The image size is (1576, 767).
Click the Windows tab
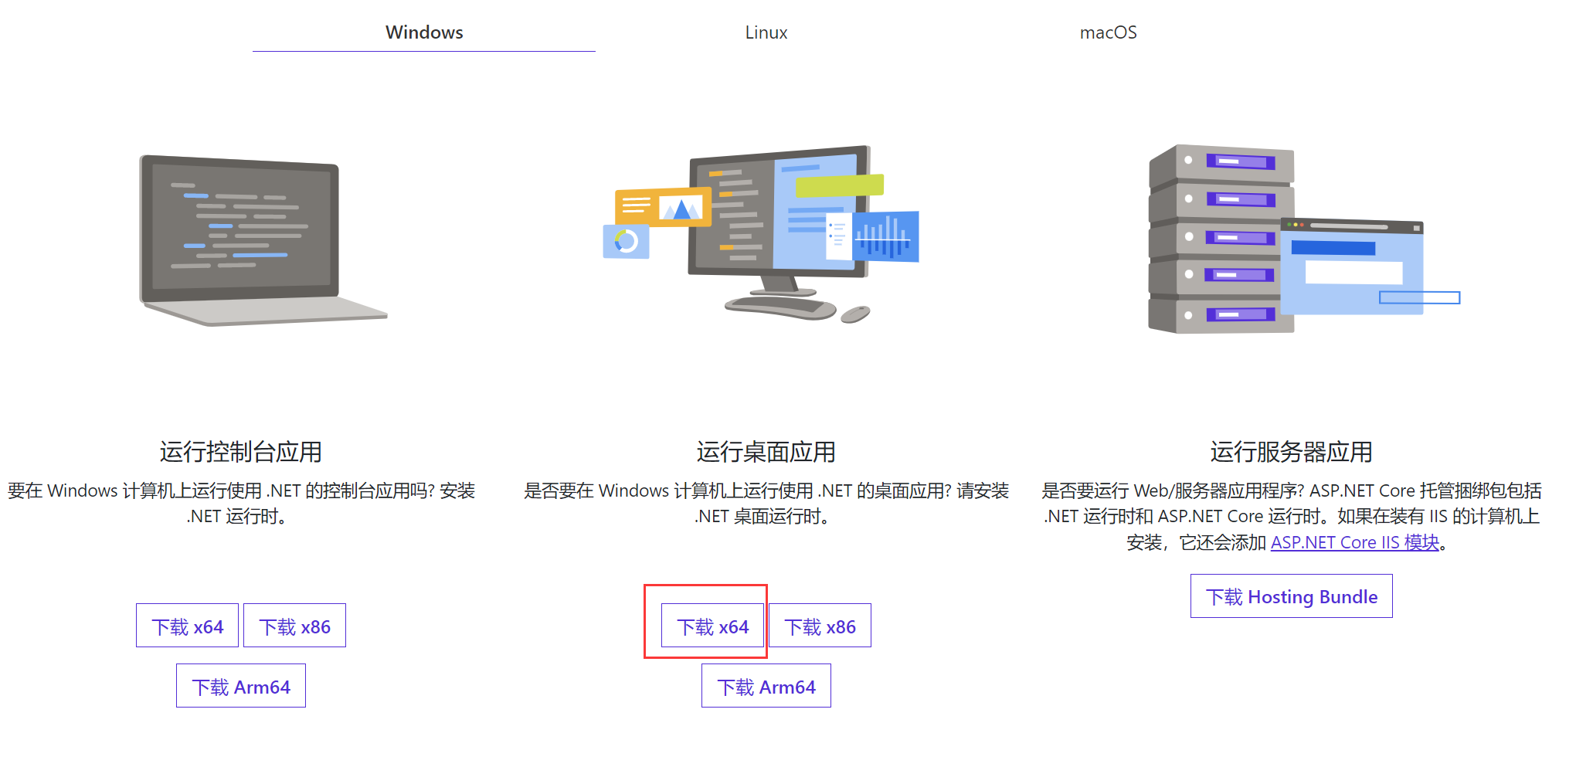pos(424,32)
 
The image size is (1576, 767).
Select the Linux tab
pos(766,32)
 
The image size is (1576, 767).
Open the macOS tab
pos(1108,32)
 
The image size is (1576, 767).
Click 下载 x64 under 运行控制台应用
pos(187,626)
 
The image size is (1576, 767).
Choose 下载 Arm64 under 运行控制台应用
pos(241,686)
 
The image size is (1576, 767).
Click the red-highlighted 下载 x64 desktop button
pos(712,626)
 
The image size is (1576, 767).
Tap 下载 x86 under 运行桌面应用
pos(820,626)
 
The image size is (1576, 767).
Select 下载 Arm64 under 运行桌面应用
pos(766,686)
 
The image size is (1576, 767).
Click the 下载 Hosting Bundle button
pos(1291,596)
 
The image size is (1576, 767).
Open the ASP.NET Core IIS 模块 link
pos(1355,542)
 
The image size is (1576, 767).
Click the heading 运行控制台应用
pos(240,452)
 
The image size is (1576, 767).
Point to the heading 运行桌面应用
pos(766,452)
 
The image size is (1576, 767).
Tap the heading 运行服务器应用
pos(1291,452)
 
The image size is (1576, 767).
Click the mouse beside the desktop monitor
pos(855,314)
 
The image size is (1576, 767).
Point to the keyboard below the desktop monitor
pos(780,307)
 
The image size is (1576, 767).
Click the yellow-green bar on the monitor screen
pos(839,185)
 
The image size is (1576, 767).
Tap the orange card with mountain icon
pos(663,206)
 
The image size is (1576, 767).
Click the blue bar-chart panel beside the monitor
pos(885,236)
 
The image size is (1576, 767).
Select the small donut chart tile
pos(626,242)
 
